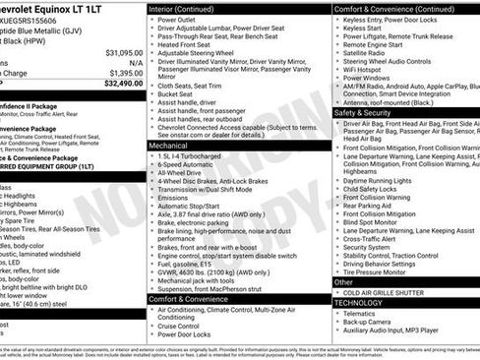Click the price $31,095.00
pos(124,51)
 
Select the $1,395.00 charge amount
pos(125,73)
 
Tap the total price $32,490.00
pos(124,84)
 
